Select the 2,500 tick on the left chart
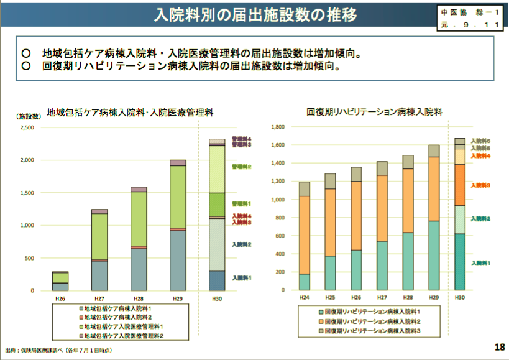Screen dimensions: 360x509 pyautogui.click(x=29, y=128)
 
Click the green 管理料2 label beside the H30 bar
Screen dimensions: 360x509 pyautogui.click(x=241, y=167)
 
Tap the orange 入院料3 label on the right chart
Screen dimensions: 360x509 pyautogui.click(x=480, y=185)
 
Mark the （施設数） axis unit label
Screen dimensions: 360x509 pyautogui.click(x=29, y=116)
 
